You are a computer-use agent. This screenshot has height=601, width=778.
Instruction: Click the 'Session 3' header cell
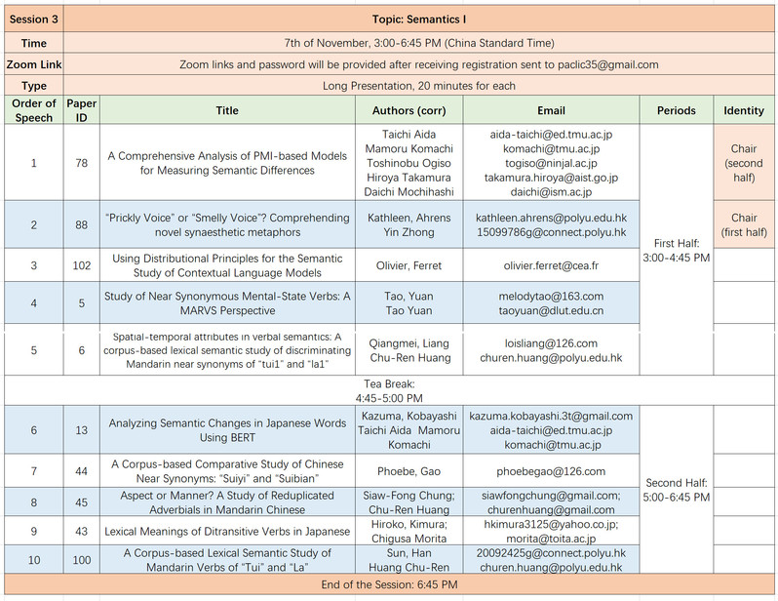click(34, 20)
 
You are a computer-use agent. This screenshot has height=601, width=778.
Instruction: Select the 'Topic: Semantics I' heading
click(419, 20)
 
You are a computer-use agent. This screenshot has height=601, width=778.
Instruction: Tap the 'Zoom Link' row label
click(34, 64)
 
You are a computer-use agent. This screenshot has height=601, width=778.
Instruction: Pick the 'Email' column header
click(551, 110)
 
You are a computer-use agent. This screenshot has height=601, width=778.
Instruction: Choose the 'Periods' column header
click(676, 110)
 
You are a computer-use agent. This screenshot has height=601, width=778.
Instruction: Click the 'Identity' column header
click(744, 110)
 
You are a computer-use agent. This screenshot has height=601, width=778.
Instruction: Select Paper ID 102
click(82, 265)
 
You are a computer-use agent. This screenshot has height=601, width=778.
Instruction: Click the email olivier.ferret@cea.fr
click(551, 265)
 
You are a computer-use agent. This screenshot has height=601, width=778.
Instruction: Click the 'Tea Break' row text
click(389, 391)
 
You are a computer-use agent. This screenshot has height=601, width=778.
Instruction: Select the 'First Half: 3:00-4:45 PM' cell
click(676, 250)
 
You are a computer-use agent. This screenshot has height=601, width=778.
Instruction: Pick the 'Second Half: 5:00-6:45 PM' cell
click(676, 489)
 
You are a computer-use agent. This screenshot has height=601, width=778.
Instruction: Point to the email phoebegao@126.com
click(551, 471)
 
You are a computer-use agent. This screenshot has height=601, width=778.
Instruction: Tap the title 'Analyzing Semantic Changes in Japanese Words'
click(227, 423)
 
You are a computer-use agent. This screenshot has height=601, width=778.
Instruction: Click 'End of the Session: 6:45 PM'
click(389, 584)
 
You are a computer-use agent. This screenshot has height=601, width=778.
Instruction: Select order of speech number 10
click(34, 559)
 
